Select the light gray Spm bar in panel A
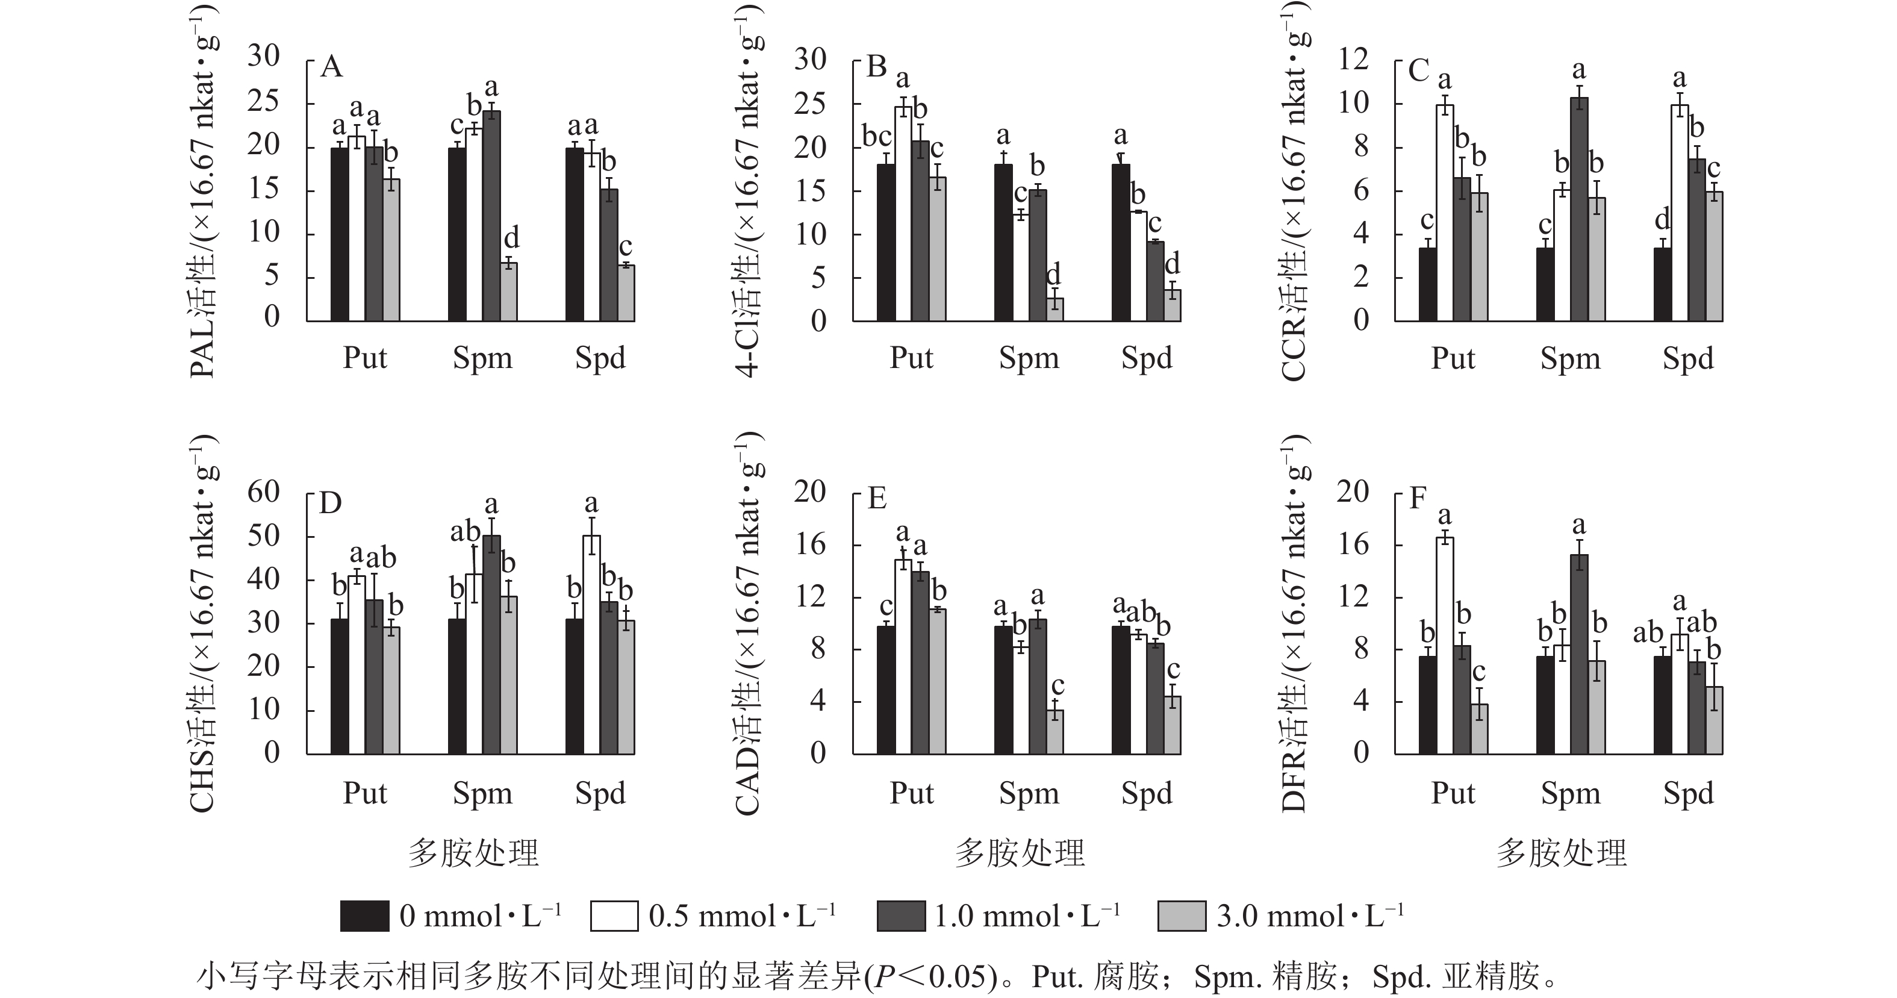(509, 292)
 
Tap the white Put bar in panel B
(903, 214)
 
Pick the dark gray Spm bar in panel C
(1579, 209)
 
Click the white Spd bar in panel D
(591, 644)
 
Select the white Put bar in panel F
(1445, 646)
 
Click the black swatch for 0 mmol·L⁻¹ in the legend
(364, 916)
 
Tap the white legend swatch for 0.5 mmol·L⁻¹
(614, 916)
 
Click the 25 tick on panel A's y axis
(264, 101)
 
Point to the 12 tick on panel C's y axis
(1354, 58)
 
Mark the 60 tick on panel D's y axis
(264, 492)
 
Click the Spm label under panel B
(1029, 358)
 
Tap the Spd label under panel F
(1688, 793)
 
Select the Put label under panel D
(364, 793)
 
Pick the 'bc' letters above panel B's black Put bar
(877, 136)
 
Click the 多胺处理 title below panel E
(1020, 853)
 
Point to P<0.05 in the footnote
(928, 978)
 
